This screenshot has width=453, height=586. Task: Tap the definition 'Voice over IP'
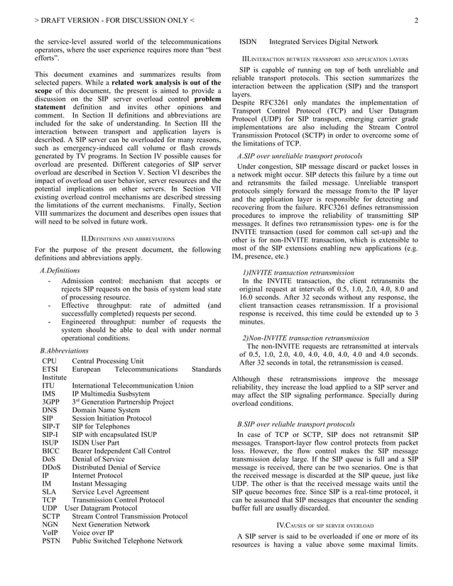click(94, 530)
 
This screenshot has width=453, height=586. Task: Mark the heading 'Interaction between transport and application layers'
click(325, 57)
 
